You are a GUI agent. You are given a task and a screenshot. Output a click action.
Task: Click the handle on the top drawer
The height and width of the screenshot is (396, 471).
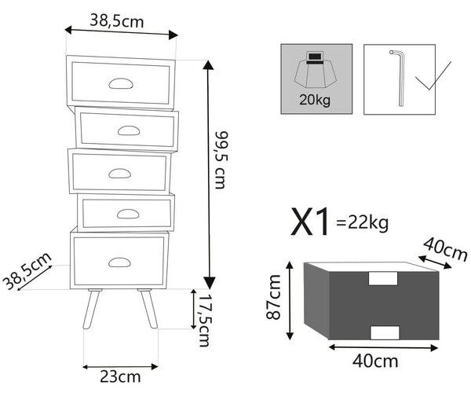pos(121,83)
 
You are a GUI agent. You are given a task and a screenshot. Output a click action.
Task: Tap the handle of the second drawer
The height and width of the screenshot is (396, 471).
pos(129,130)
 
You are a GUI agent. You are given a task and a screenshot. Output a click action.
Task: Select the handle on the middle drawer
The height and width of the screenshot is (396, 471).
pos(119,173)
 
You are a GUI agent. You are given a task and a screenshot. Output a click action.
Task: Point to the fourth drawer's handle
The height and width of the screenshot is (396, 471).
pos(128,214)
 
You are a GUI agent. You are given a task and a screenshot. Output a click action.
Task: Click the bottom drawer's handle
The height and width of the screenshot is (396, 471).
pos(119,262)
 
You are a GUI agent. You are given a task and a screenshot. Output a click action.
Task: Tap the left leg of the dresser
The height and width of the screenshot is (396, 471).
pos(92,309)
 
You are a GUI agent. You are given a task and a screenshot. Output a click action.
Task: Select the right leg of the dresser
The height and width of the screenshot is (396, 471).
pos(148,309)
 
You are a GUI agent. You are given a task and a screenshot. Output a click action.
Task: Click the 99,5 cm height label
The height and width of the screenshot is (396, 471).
pos(221,160)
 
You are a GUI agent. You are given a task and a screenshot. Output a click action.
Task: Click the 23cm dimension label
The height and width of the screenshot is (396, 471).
pos(120,377)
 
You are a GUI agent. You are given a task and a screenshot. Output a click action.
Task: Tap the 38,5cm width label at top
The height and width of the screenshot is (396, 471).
pos(117,22)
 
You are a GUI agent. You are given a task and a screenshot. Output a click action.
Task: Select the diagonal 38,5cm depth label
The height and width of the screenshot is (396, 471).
pos(27,271)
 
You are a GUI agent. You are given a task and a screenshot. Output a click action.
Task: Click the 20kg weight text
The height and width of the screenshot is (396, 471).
pos(315,100)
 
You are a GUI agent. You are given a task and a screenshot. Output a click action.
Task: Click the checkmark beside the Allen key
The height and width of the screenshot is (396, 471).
pos(433,75)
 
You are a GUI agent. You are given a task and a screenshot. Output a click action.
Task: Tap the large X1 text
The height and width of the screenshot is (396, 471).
pos(311,222)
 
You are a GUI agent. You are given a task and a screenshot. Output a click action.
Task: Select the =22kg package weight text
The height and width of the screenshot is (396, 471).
pos(363,223)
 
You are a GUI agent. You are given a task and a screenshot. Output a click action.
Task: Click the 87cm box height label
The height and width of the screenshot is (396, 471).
pos(273,297)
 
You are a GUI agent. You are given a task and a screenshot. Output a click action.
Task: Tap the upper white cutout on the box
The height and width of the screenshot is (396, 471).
pos(383,278)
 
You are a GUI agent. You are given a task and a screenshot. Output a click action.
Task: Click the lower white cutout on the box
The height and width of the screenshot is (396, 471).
pos(385,332)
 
